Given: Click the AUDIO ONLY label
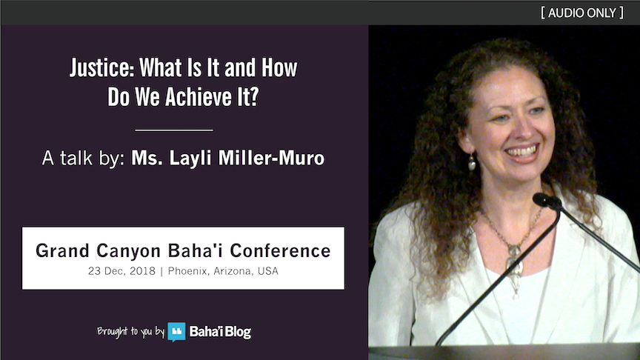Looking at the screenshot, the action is [582, 13].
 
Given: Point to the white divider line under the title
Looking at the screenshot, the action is [174, 130].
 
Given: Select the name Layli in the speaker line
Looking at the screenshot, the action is [190, 159].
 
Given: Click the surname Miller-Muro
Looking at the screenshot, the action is [271, 158].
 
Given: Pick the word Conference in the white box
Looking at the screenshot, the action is [280, 250].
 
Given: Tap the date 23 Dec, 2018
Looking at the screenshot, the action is [121, 271].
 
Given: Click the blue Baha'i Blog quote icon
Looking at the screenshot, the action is [176, 331].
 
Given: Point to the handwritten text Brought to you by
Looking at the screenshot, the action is [130, 331].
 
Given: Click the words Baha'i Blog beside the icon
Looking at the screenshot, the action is [220, 332].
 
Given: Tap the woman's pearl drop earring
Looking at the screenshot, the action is [472, 162].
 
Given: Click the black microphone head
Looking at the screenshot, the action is [546, 201].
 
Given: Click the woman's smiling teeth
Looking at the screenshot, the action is [522, 152].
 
